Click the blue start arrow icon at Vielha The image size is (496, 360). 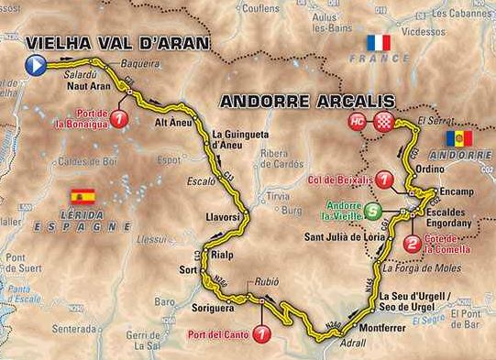coord(35,64)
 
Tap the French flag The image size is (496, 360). coord(378,43)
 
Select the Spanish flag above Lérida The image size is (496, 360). coord(83,196)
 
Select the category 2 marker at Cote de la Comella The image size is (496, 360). coord(413,244)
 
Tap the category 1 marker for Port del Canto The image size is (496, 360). coord(263,333)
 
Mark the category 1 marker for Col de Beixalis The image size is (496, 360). coord(384,180)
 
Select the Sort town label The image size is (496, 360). coord(189,270)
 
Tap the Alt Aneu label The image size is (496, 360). coord(172,120)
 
